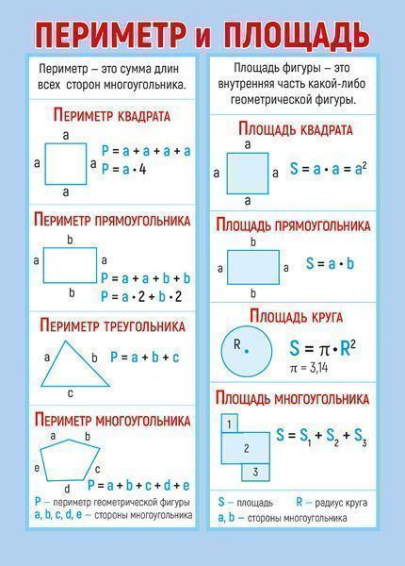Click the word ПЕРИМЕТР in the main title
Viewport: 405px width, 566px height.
click(111, 35)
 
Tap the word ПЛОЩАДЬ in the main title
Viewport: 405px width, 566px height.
click(296, 35)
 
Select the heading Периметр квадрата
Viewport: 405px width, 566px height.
click(112, 115)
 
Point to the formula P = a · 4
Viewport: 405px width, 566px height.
click(124, 169)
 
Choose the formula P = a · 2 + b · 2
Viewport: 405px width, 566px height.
click(141, 297)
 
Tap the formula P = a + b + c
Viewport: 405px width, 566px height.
click(144, 358)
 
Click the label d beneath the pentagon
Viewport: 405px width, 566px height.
click(67, 489)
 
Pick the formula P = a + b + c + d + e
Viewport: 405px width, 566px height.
click(138, 486)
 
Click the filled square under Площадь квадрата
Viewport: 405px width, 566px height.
click(248, 174)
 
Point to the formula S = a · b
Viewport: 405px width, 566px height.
click(330, 264)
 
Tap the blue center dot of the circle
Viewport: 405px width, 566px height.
click(247, 351)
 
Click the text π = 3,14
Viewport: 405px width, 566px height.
click(309, 368)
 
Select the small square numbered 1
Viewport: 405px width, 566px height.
click(229, 424)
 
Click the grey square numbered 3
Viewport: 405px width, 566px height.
click(255, 473)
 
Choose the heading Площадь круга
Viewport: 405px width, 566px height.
click(296, 317)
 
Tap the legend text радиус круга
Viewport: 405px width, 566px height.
click(341, 503)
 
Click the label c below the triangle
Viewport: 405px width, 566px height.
click(71, 393)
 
